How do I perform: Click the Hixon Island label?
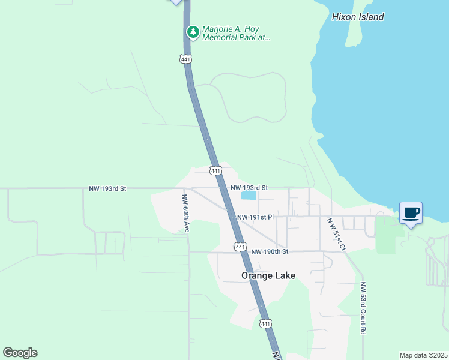pos(358,17)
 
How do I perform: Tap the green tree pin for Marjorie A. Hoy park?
pos(192,31)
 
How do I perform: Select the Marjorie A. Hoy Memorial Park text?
pos(236,32)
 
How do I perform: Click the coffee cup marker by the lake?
pos(411,213)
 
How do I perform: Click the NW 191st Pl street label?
pos(255,217)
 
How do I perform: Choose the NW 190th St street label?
pos(270,251)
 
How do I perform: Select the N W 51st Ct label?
pos(336,235)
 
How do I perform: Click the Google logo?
pos(20,353)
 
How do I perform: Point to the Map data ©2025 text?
pos(423,355)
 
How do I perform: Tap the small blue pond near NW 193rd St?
pos(248,195)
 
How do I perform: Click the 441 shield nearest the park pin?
pos(185,59)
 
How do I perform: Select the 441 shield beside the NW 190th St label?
pos(240,247)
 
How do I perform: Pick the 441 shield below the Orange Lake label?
pos(265,323)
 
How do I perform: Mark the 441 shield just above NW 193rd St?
pos(215,171)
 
